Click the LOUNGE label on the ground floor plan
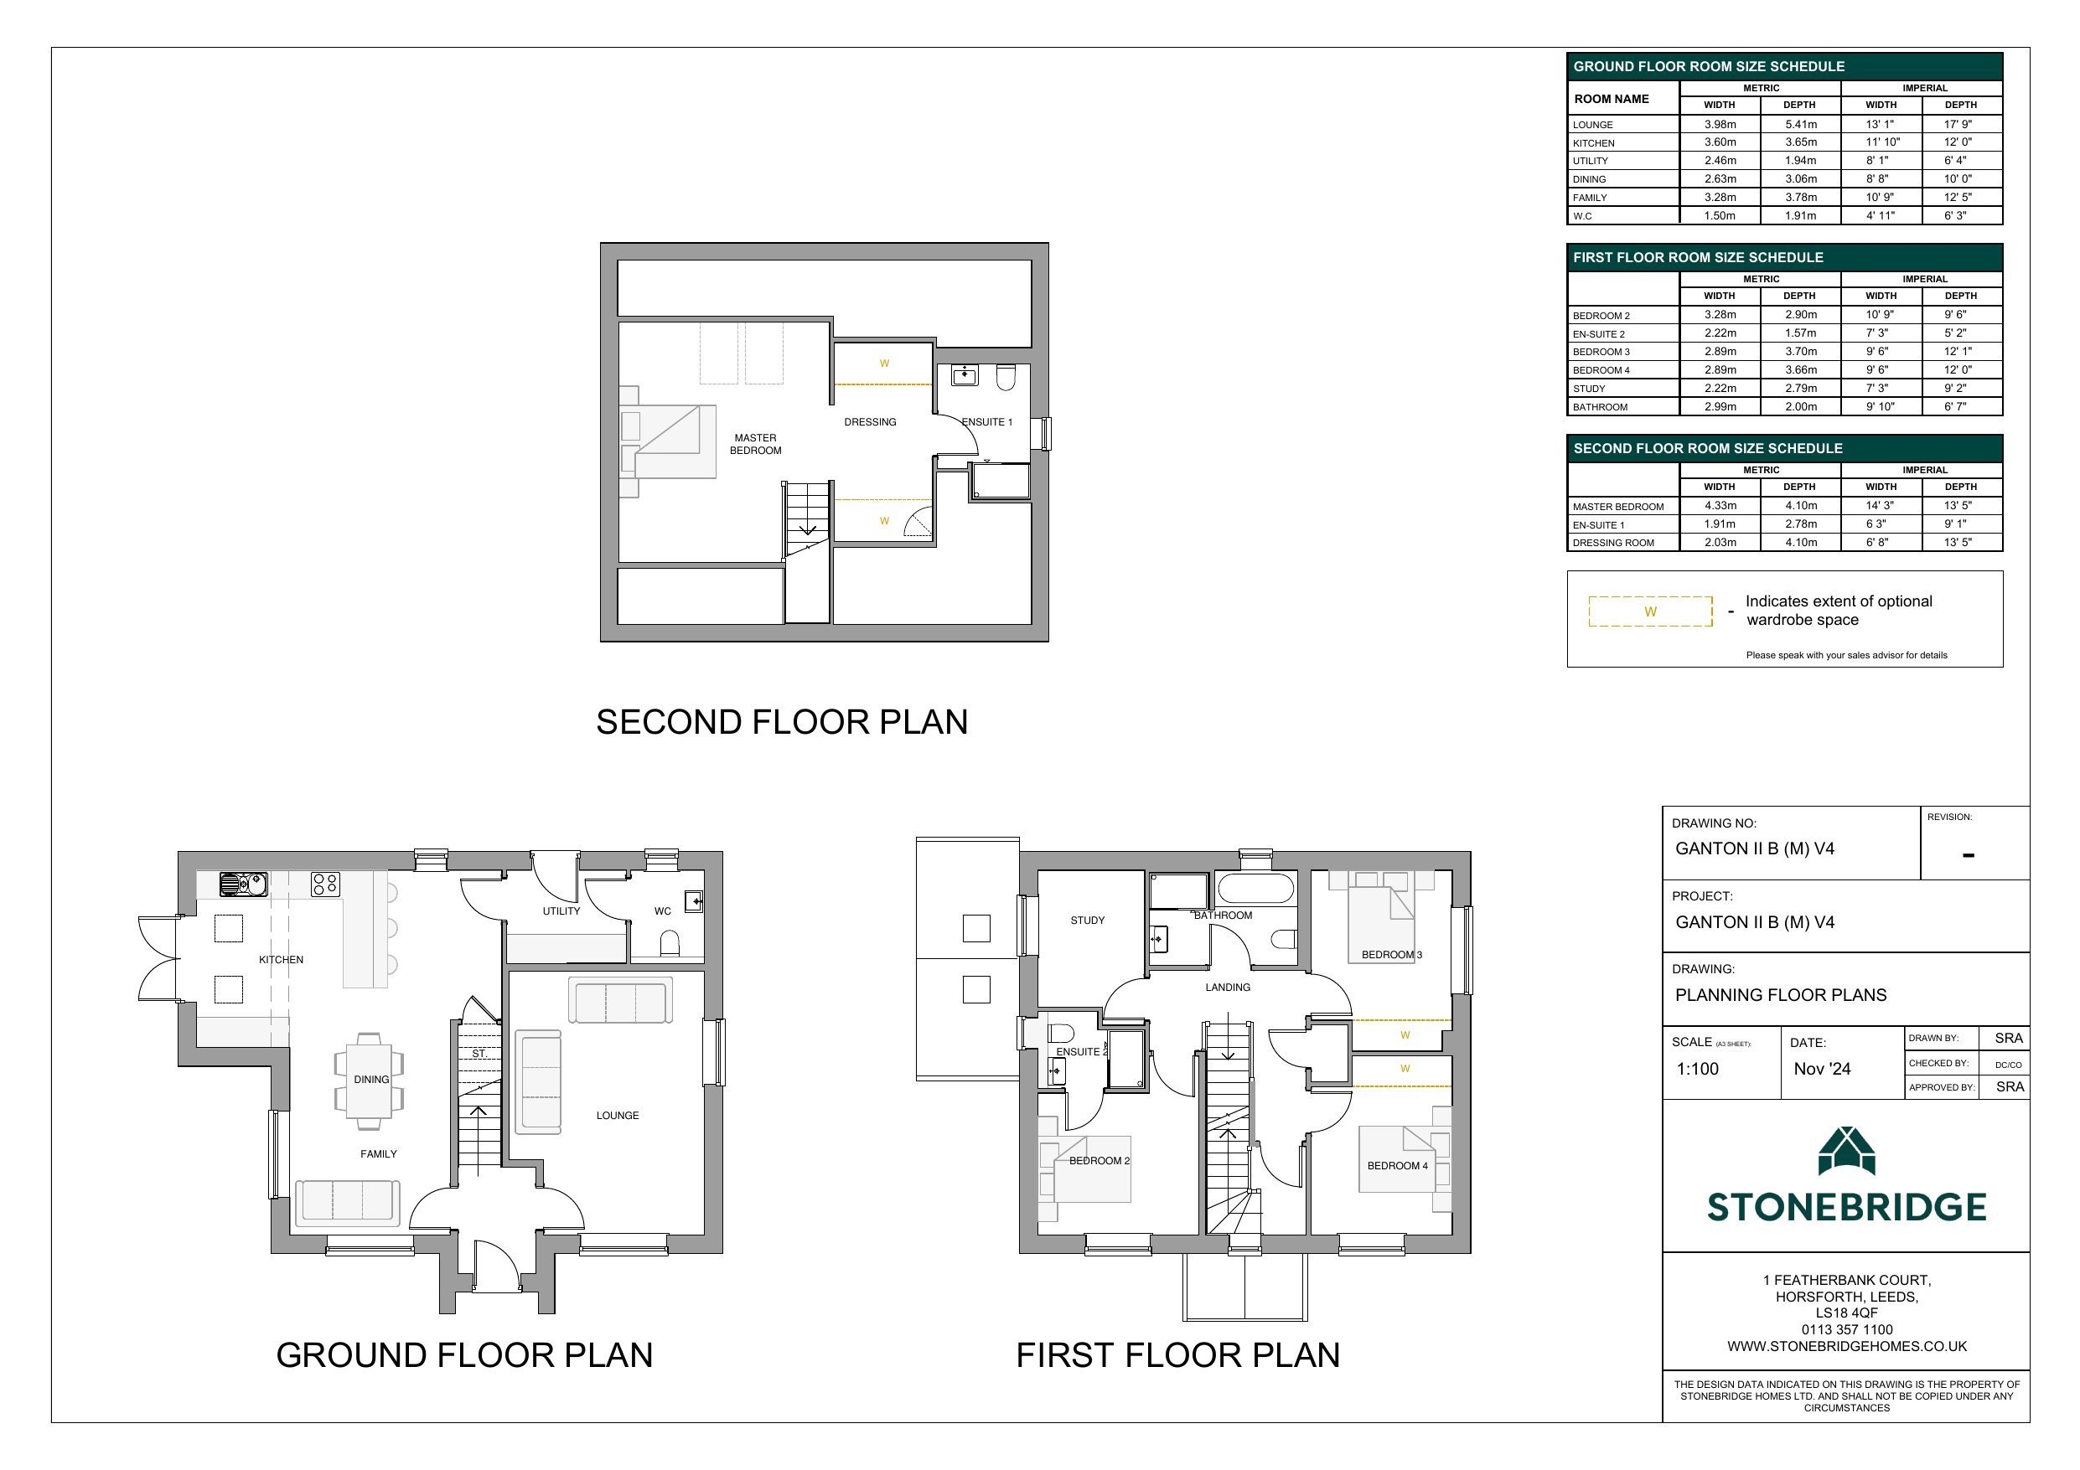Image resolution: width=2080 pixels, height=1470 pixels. [x=617, y=1115]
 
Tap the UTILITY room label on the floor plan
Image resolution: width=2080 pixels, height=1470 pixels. [x=561, y=911]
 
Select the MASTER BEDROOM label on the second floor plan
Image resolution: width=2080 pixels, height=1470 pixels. [x=756, y=444]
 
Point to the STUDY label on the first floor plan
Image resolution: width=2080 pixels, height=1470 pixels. [x=1087, y=921]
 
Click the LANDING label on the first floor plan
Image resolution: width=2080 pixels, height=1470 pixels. [x=1228, y=988]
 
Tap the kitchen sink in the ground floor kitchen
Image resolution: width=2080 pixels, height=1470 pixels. [x=244, y=883]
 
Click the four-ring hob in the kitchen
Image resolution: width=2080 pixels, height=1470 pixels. [x=325, y=884]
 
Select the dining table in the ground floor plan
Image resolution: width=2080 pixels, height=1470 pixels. [x=370, y=1081]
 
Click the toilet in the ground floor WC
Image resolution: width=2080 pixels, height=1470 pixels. [x=670, y=945]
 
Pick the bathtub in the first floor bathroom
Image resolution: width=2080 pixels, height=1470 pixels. [x=1255, y=888]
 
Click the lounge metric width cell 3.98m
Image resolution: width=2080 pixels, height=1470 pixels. [x=1720, y=124]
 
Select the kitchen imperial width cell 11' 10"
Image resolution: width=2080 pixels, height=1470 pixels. [x=1881, y=142]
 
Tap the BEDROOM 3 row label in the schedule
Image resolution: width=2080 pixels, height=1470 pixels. [x=1601, y=353]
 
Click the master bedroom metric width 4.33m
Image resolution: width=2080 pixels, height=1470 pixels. [x=1720, y=505]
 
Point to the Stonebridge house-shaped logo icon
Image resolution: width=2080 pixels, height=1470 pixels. [x=1846, y=1151]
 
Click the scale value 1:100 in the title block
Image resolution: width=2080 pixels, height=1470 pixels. [x=1697, y=1069]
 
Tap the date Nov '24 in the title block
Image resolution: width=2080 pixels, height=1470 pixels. [x=1822, y=1069]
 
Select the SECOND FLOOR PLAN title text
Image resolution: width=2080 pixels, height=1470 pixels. [x=782, y=722]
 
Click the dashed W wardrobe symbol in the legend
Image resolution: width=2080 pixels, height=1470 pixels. [x=1651, y=611]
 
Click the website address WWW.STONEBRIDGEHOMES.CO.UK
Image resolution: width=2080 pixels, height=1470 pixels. [x=1846, y=1347]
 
